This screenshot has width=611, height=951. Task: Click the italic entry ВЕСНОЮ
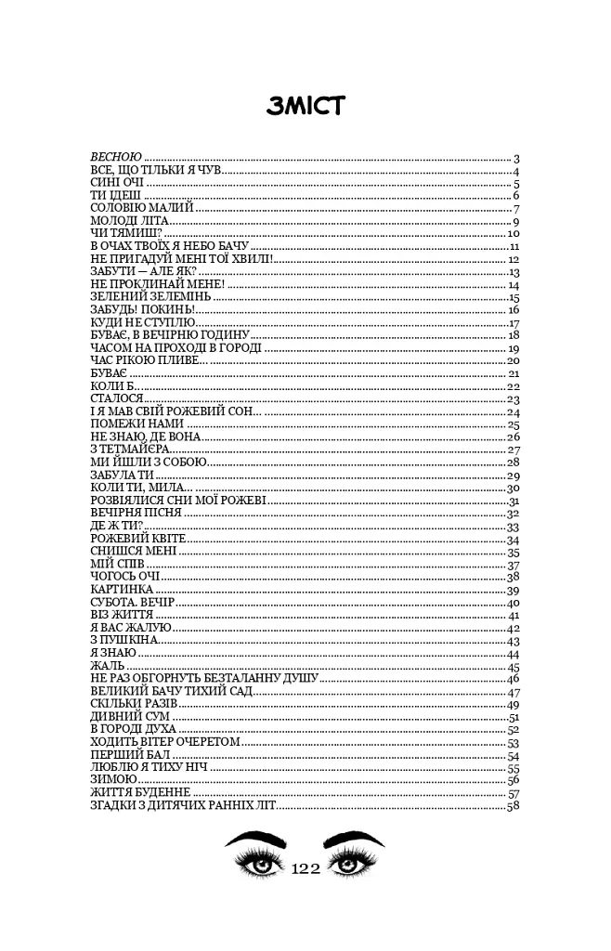(115, 158)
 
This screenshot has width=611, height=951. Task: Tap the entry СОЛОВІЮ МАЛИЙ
(140, 208)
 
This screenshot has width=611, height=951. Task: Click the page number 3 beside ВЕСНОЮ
(515, 158)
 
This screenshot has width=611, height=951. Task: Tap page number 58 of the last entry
(512, 807)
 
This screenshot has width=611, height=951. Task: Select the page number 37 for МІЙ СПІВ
(512, 565)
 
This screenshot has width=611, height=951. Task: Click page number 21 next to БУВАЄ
(512, 373)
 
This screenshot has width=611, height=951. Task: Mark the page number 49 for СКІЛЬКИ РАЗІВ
(512, 705)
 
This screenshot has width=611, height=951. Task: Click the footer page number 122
(305, 869)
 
